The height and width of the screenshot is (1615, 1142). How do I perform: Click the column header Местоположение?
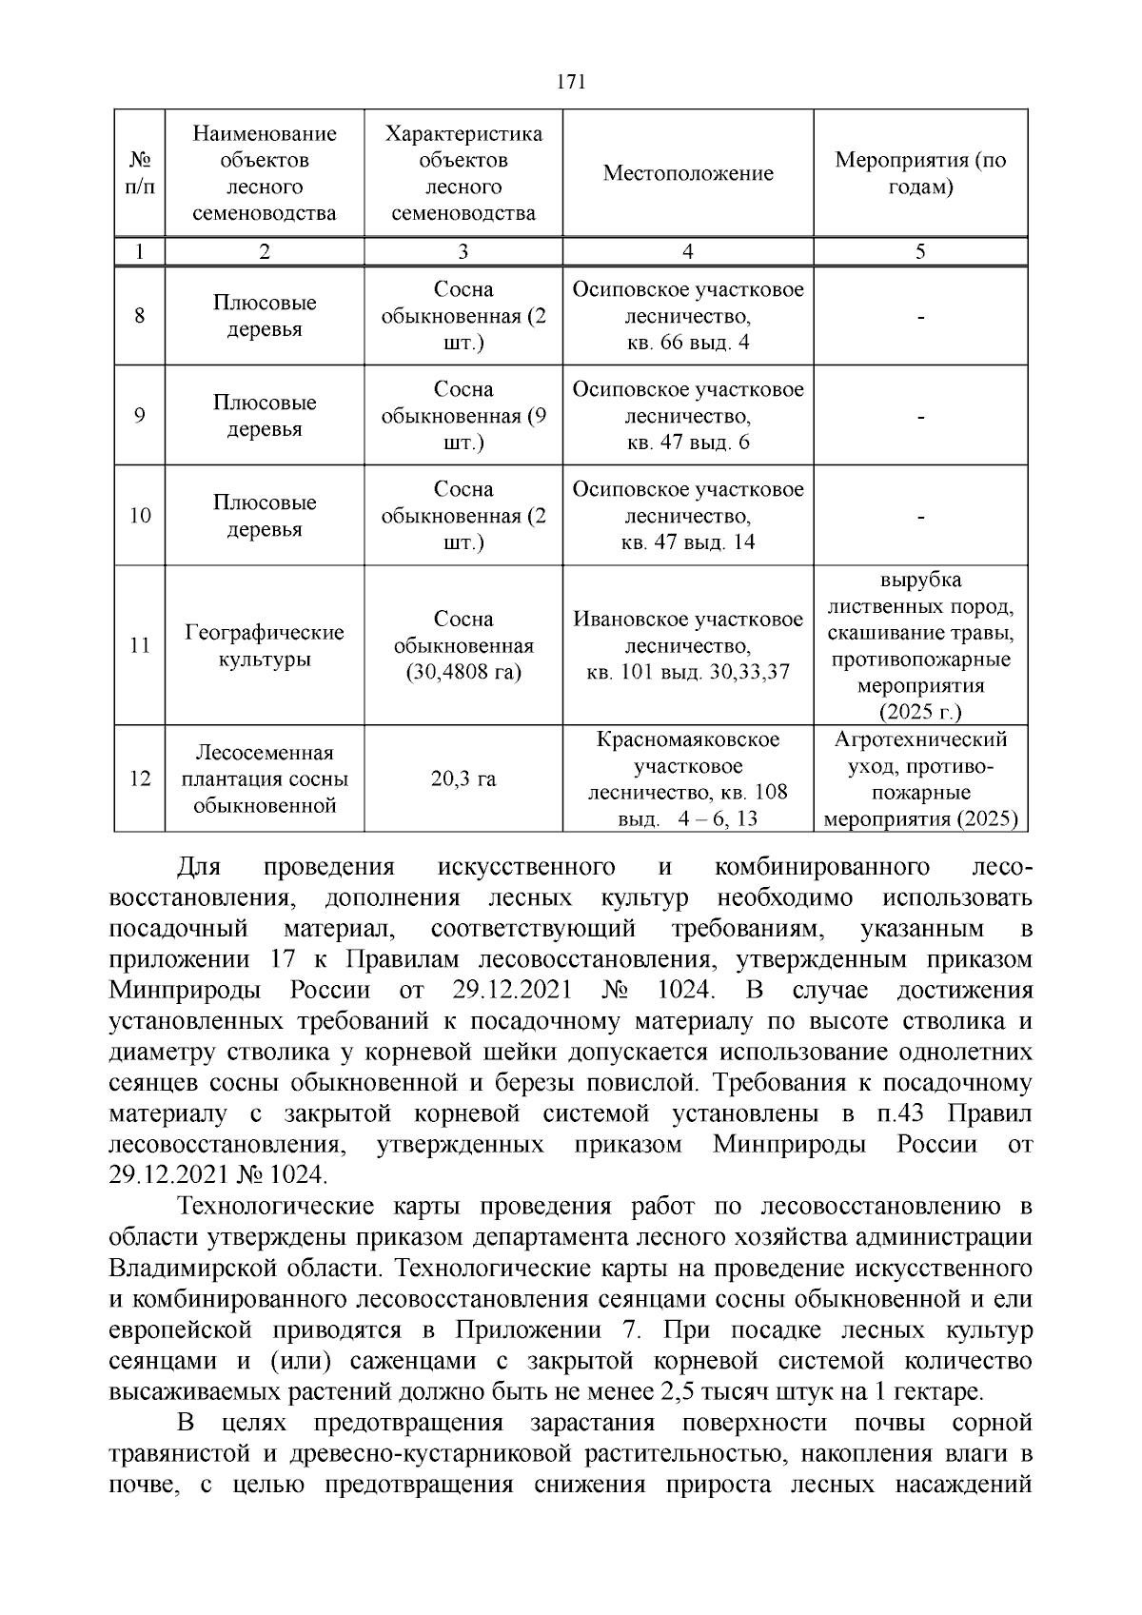tap(687, 173)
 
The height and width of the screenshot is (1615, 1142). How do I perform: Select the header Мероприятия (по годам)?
tap(920, 173)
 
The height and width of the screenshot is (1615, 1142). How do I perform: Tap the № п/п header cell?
tap(139, 173)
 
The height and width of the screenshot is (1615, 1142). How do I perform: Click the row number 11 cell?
tap(139, 646)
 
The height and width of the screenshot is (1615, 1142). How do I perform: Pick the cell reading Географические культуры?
tap(264, 646)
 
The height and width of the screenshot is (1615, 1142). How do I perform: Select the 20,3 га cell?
tap(463, 779)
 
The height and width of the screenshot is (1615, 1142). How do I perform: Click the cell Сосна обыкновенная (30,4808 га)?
tap(463, 646)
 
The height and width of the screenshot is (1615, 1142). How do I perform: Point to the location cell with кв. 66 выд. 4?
tap(687, 316)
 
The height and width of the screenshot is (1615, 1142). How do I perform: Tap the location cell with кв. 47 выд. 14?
tap(687, 516)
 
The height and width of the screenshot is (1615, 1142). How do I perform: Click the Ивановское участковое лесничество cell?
tap(687, 646)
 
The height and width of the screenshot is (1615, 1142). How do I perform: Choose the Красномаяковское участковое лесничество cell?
tap(687, 779)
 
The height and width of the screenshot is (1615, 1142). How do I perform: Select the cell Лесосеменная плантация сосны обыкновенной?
tap(264, 779)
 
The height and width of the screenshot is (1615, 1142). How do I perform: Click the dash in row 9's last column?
tap(920, 417)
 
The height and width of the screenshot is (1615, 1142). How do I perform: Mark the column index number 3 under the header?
tap(463, 252)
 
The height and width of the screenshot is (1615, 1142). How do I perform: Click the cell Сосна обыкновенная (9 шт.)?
tap(463, 416)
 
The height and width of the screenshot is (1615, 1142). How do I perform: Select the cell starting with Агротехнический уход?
tap(920, 779)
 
